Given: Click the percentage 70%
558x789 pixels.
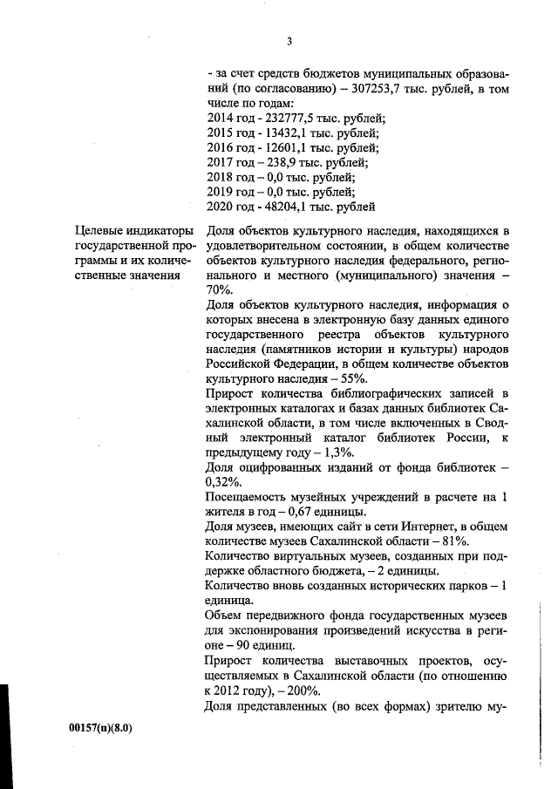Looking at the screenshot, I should (x=221, y=290).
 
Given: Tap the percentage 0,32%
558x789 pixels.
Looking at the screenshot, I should (x=227, y=483).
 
